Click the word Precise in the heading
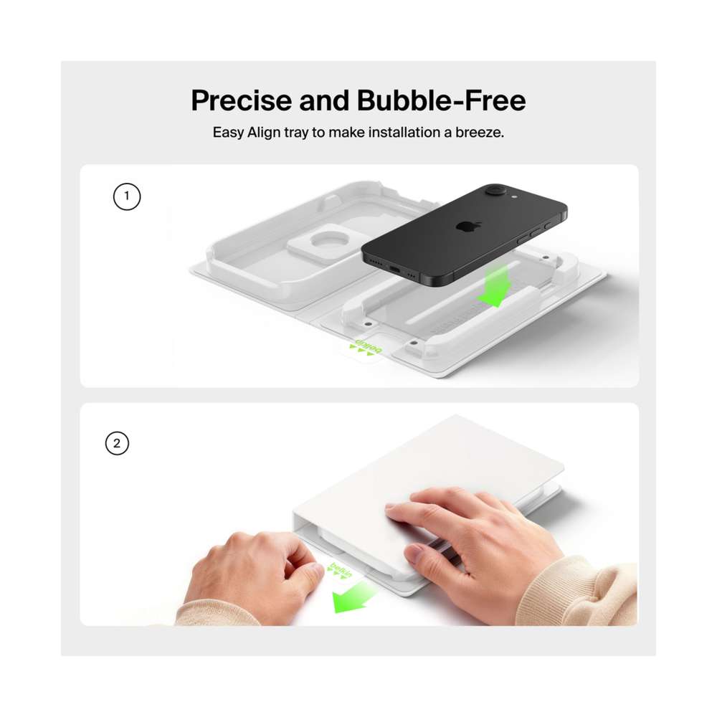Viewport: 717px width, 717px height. pyautogui.click(x=241, y=100)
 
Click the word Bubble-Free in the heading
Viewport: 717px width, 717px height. pyautogui.click(x=441, y=100)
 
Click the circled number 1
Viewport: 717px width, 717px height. pyautogui.click(x=127, y=196)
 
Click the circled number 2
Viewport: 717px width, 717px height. pyautogui.click(x=117, y=443)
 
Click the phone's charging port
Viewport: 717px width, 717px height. pyautogui.click(x=394, y=270)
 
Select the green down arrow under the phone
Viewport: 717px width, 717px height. pyautogui.click(x=494, y=286)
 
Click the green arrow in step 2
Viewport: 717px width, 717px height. pyautogui.click(x=352, y=596)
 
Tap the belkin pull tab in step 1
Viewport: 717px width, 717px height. pyautogui.click(x=365, y=349)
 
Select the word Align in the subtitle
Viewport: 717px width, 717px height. pyautogui.click(x=263, y=133)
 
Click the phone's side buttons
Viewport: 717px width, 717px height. pyautogui.click(x=533, y=233)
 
